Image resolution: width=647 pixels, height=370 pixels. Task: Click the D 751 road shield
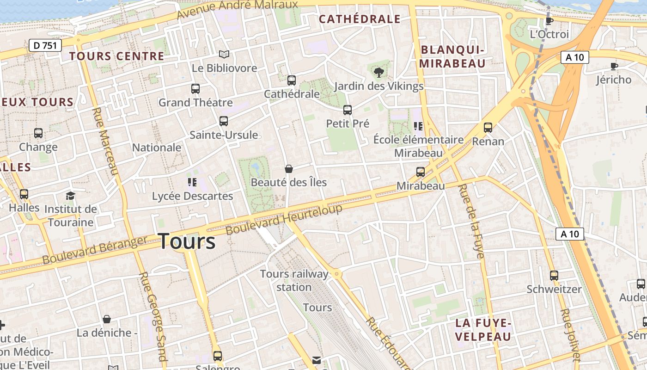(45, 45)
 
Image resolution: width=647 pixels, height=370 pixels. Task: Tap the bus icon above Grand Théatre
(195, 88)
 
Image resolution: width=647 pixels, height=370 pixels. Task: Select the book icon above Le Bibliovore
(224, 55)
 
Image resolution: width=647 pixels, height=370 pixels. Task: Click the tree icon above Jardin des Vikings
(378, 72)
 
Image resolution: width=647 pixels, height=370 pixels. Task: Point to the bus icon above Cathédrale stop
(292, 80)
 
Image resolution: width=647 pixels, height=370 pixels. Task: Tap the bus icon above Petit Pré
(348, 110)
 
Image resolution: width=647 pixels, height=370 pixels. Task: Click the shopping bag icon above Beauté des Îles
(289, 169)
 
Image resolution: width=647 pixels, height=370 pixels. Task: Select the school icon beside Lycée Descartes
(192, 182)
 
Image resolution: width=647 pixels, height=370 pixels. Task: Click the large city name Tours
(187, 241)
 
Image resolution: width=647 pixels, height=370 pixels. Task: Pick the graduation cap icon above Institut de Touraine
(70, 196)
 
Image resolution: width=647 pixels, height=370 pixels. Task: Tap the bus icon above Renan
(488, 127)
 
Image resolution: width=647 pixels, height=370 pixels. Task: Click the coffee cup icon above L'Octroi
(549, 21)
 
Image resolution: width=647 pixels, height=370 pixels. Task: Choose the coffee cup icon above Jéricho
(614, 66)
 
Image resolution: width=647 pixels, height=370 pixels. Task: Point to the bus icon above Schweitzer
(554, 275)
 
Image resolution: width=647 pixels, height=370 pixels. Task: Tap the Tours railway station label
(294, 280)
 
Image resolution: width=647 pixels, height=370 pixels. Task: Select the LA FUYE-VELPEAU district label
(483, 329)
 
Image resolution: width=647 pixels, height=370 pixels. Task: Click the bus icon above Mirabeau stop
(421, 172)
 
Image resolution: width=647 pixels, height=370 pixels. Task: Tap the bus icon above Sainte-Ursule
(224, 121)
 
